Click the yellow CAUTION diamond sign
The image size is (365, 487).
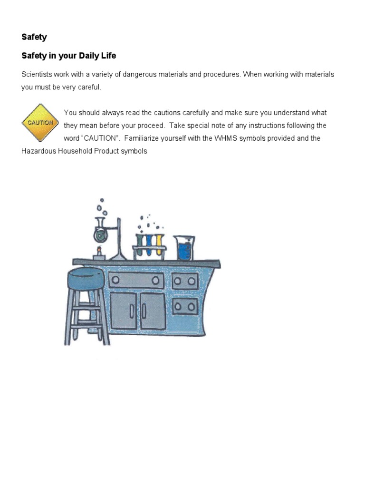pos(40,123)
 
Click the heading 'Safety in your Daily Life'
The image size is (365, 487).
pos(68,56)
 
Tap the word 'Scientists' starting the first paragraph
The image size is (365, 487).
pos(37,75)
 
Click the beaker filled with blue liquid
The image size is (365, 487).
pos(184,248)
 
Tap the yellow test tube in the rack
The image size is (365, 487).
pos(159,243)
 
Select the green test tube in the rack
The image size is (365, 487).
pos(140,243)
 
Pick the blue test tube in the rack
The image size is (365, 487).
pos(149,243)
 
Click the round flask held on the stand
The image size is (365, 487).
pos(100,233)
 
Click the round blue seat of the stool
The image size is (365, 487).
pos(86,278)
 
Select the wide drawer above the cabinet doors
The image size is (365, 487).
pos(136,281)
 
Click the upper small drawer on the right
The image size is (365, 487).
pos(185,281)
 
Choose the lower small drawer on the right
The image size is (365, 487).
pos(185,306)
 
